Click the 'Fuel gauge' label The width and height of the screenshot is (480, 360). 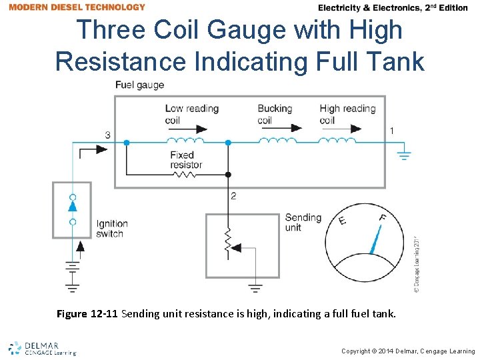(x=139, y=85)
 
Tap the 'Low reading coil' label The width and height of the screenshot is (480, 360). (x=191, y=114)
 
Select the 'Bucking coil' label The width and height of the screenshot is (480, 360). (x=275, y=114)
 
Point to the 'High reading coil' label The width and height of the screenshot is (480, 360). (x=347, y=114)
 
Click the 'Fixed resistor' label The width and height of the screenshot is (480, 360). (x=186, y=160)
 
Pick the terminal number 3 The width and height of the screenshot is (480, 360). (x=108, y=135)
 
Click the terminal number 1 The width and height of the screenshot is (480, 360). (x=391, y=131)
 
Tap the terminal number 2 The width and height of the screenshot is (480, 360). (x=233, y=196)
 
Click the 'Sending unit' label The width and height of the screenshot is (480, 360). (x=303, y=223)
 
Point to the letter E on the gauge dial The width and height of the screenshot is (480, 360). (x=342, y=220)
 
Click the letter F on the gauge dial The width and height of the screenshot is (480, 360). (x=382, y=217)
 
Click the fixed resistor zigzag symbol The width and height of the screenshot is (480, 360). (x=185, y=175)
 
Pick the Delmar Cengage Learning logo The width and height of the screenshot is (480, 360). (x=42, y=348)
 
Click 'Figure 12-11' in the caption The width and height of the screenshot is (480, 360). (x=88, y=313)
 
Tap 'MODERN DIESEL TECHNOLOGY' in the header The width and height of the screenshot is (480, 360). (x=77, y=7)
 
